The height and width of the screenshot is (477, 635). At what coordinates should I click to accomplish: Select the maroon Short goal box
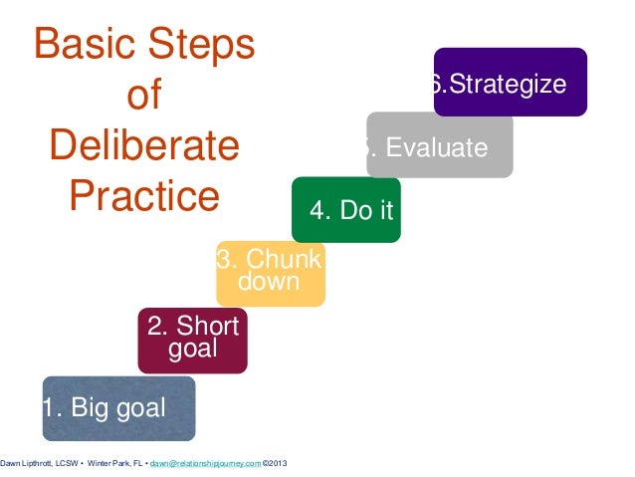pos(192,340)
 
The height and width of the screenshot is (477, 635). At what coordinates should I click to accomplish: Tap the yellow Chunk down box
pos(270,272)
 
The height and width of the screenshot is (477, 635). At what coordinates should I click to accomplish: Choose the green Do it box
pos(346,210)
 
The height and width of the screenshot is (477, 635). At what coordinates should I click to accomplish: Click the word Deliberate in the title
pos(144,146)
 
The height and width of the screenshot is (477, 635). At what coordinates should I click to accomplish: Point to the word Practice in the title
pos(144,196)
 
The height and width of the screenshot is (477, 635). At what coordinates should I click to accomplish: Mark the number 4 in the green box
pos(317,210)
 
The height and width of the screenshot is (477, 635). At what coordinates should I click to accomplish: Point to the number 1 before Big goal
pos(48,408)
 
